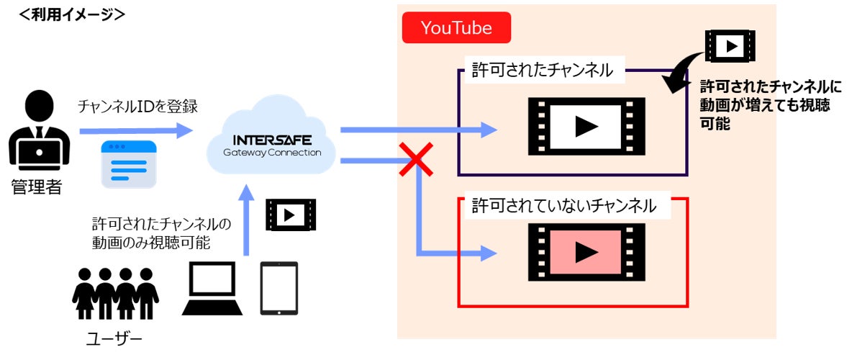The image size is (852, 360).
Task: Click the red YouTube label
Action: [456, 28]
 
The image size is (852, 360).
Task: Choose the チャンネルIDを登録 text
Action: [137, 107]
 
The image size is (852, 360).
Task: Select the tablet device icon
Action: [278, 288]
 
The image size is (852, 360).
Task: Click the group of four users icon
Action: [115, 294]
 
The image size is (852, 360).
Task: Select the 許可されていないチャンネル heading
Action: [564, 206]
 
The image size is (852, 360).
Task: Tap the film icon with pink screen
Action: [586, 251]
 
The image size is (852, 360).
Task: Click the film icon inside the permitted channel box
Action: [586, 126]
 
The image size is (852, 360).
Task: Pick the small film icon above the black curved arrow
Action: [730, 46]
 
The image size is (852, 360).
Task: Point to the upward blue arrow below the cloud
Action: [245, 220]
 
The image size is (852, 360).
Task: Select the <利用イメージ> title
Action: [72, 14]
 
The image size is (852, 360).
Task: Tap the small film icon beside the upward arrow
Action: [291, 215]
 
